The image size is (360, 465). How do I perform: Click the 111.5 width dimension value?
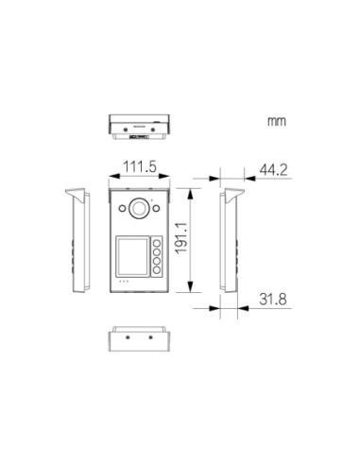[140, 166]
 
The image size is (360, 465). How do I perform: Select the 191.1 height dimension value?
[181, 238]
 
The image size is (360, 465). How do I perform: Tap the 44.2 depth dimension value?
[273, 170]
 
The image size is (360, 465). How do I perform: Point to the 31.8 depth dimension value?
[273, 299]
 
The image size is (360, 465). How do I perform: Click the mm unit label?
[277, 121]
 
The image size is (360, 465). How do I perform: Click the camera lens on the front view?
[139, 208]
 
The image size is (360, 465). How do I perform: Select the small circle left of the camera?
[122, 208]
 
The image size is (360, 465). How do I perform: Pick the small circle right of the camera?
[156, 208]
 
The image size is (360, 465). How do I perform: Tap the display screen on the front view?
[132, 256]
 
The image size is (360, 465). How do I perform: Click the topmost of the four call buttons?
[157, 243]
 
